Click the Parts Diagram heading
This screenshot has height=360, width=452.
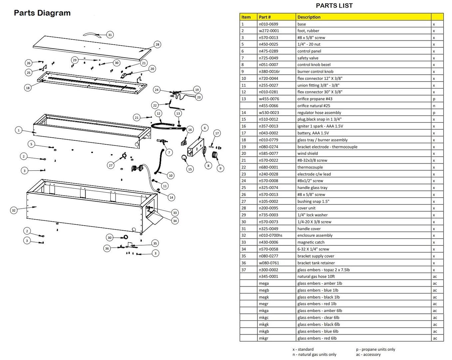[x=42, y=13]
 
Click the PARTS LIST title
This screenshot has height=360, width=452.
[x=334, y=6]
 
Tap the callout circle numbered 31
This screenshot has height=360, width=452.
[x=110, y=35]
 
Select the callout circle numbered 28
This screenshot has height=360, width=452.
[x=157, y=44]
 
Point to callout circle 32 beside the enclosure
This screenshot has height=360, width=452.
[x=14, y=210]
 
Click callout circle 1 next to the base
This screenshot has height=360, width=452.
[x=19, y=130]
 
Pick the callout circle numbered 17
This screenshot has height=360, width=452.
[x=217, y=133]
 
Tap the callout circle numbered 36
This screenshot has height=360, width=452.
[x=107, y=248]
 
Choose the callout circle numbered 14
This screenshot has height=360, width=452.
[x=171, y=197]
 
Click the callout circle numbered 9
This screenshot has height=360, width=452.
[x=220, y=168]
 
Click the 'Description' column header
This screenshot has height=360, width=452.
[x=309, y=17]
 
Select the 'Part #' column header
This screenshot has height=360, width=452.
[x=265, y=17]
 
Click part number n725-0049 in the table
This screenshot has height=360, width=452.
[x=268, y=58]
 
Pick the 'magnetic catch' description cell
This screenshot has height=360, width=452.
[x=311, y=242]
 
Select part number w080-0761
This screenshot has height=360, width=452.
[x=269, y=263]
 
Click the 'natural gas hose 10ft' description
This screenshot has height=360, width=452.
[x=316, y=276]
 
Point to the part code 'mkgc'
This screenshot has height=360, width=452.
[x=264, y=318]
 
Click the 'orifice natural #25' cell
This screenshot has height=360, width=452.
[x=314, y=106]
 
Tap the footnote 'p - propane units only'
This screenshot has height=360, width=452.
[x=375, y=349]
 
